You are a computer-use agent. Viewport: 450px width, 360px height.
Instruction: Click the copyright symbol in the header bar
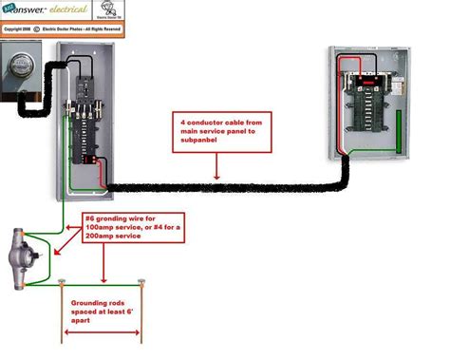(x=37, y=29)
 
